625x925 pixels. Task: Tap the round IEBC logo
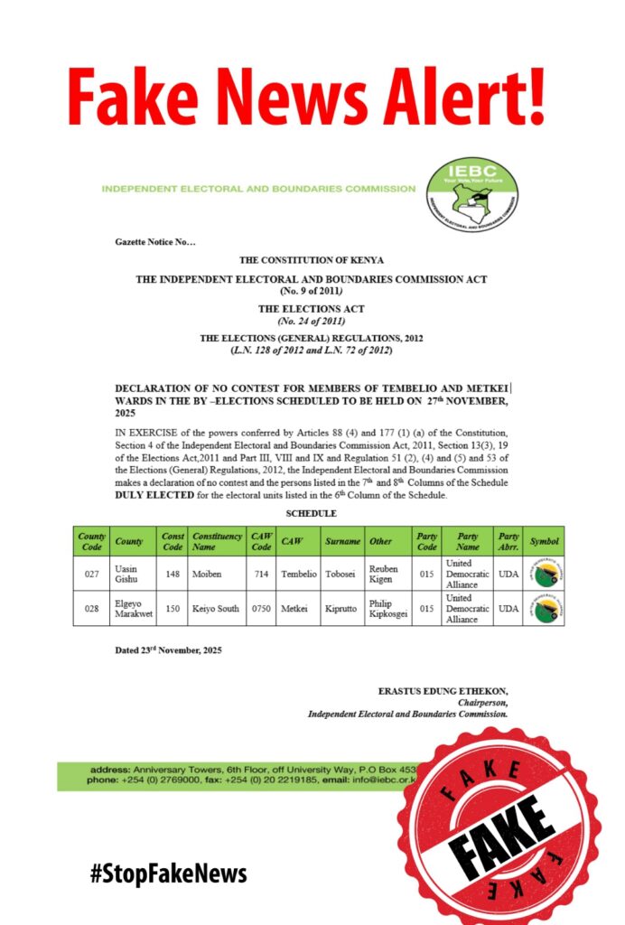pyautogui.click(x=471, y=193)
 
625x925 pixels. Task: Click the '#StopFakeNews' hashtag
pyautogui.click(x=168, y=874)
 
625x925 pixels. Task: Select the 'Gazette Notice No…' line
pyautogui.click(x=154, y=243)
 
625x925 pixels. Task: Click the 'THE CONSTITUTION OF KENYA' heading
pyautogui.click(x=312, y=260)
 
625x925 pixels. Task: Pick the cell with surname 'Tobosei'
pyautogui.click(x=340, y=573)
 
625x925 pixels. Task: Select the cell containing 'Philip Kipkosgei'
pyautogui.click(x=387, y=608)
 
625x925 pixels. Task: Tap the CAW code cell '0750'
pyautogui.click(x=261, y=609)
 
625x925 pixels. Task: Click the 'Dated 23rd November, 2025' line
pyautogui.click(x=168, y=649)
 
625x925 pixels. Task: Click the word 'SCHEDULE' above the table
pyautogui.click(x=312, y=513)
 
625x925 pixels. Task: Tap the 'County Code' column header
pyautogui.click(x=91, y=541)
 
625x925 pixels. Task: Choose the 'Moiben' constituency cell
pyautogui.click(x=207, y=573)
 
